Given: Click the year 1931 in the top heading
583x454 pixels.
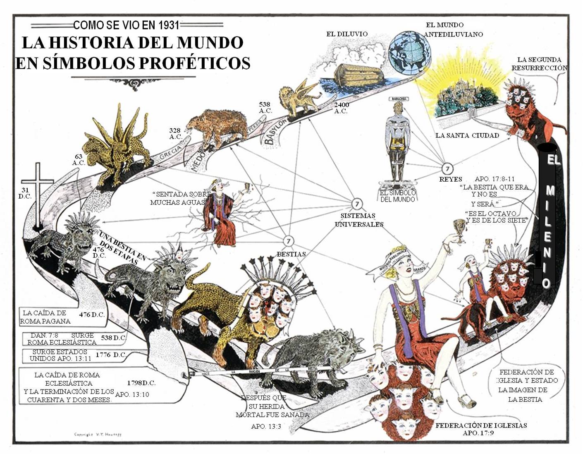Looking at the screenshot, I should click(x=165, y=25).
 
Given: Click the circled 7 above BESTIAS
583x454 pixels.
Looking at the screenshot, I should click(x=289, y=241).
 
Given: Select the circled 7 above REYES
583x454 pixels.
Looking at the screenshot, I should click(x=447, y=168).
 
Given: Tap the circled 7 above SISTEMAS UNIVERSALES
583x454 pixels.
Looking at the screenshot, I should click(x=357, y=204).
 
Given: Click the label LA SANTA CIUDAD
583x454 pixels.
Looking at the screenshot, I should click(x=467, y=135).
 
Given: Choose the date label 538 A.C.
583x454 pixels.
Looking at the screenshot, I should click(x=265, y=108).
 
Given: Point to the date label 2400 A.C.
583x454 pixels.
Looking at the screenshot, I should click(x=341, y=108).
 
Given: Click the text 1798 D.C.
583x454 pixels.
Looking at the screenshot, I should click(x=141, y=383).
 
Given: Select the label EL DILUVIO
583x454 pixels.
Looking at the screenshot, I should click(x=347, y=34).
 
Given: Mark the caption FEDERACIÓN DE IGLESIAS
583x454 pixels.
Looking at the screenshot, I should click(x=481, y=425).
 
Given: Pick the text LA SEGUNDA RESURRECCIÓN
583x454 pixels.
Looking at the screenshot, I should click(x=539, y=64).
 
